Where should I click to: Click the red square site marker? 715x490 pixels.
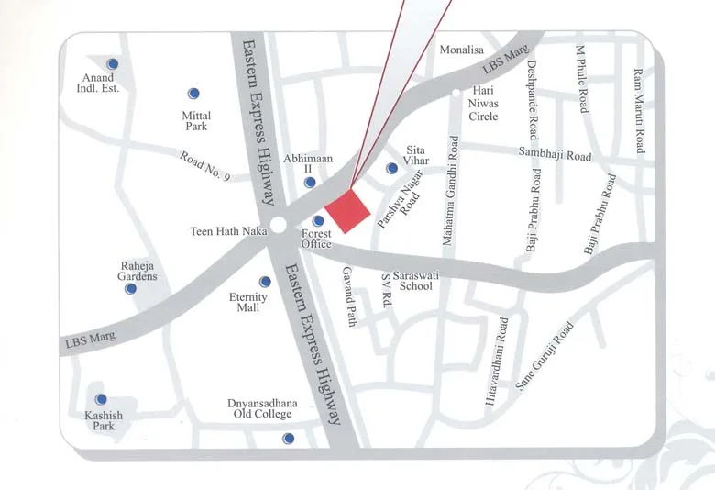tap(347, 212)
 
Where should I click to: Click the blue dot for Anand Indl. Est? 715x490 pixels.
tap(113, 64)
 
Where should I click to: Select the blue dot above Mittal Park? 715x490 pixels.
tap(193, 94)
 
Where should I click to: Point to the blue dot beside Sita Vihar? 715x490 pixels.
tap(392, 168)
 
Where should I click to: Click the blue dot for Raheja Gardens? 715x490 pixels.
tap(131, 288)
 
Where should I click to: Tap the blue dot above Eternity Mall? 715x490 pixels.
tap(266, 282)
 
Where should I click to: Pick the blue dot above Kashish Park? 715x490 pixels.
tap(101, 399)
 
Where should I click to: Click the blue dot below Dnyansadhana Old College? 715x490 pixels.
tap(288, 439)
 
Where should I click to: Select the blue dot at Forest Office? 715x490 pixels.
tap(318, 221)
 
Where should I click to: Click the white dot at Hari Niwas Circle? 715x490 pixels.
tap(456, 93)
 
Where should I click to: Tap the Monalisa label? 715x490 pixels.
tap(461, 50)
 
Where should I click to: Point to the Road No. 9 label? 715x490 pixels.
tap(205, 169)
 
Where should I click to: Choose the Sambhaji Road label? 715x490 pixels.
tap(555, 155)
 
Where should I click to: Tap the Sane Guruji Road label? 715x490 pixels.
tap(544, 357)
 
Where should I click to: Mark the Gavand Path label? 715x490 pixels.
tap(348, 296)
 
